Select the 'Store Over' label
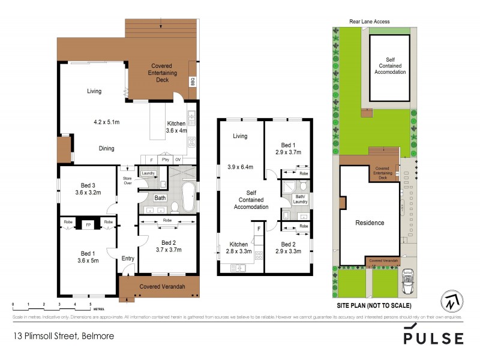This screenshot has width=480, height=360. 127,180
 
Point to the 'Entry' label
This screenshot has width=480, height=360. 128,259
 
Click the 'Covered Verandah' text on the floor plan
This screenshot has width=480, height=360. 162,287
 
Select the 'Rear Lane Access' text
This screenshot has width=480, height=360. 370,22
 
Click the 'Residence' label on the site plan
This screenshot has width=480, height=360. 370,223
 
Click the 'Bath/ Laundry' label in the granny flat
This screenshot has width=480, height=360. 301,199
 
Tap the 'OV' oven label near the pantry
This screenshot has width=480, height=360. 178,160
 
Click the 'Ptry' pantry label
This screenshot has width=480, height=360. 164,160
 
